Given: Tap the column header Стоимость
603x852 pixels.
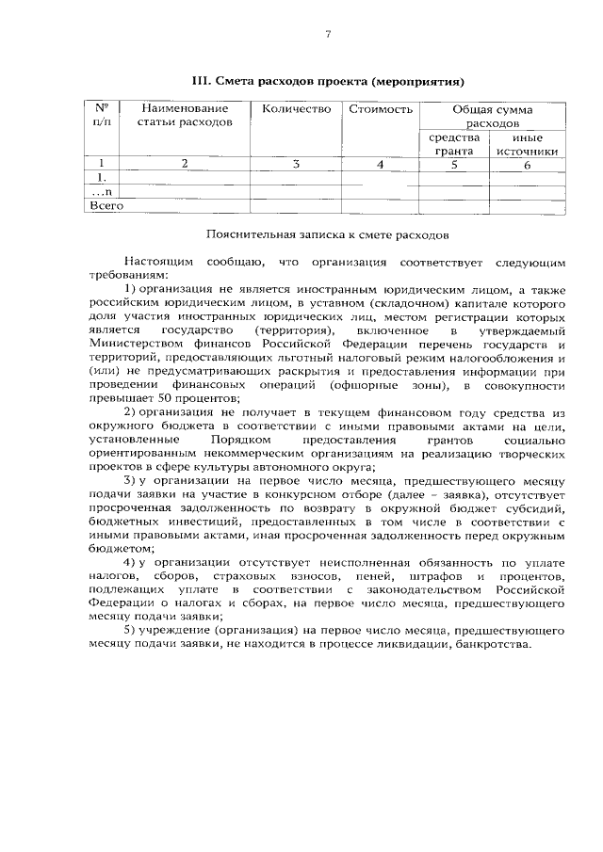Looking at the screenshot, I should [381, 109].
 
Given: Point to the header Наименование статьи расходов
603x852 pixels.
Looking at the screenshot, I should [183, 116].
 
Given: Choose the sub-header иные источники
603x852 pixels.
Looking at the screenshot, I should [527, 143].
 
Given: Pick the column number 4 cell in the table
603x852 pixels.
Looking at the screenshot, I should [381, 164].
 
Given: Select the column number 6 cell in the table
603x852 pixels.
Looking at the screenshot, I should [527, 164].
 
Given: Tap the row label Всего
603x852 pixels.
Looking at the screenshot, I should [106, 204].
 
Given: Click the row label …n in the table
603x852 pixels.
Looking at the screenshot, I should [102, 190].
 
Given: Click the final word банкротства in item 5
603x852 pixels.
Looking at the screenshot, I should [492, 644].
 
